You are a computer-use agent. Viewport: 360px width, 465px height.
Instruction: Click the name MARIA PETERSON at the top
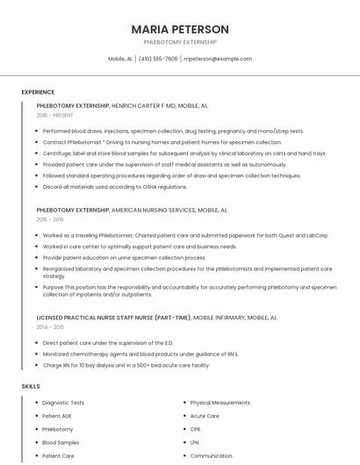point(180,29)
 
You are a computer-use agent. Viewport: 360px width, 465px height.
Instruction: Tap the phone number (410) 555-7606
point(158,59)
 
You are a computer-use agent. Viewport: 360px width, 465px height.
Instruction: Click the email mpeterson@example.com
point(218,59)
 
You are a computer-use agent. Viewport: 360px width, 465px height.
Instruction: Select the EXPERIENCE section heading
point(38,91)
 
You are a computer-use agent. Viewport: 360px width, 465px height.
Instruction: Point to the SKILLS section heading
point(31,386)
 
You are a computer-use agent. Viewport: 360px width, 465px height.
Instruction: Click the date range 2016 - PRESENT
point(55,115)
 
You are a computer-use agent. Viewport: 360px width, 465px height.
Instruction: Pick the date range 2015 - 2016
point(50,220)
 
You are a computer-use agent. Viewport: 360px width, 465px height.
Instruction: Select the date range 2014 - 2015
point(50,326)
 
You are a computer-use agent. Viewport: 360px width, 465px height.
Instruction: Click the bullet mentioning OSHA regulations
point(115,187)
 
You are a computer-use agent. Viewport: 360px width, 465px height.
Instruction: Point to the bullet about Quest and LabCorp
point(185,235)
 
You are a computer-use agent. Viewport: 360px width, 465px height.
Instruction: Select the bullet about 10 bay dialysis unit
point(126,365)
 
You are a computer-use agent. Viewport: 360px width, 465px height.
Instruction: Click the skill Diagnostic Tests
point(63,403)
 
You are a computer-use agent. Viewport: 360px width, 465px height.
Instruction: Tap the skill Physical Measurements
point(220,403)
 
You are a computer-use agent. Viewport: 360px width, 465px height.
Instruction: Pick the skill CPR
point(195,429)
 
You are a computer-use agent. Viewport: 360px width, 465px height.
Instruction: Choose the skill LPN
point(195,442)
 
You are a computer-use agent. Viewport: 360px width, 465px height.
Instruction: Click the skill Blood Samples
point(61,442)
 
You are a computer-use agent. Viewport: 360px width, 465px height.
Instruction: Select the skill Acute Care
point(205,416)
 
